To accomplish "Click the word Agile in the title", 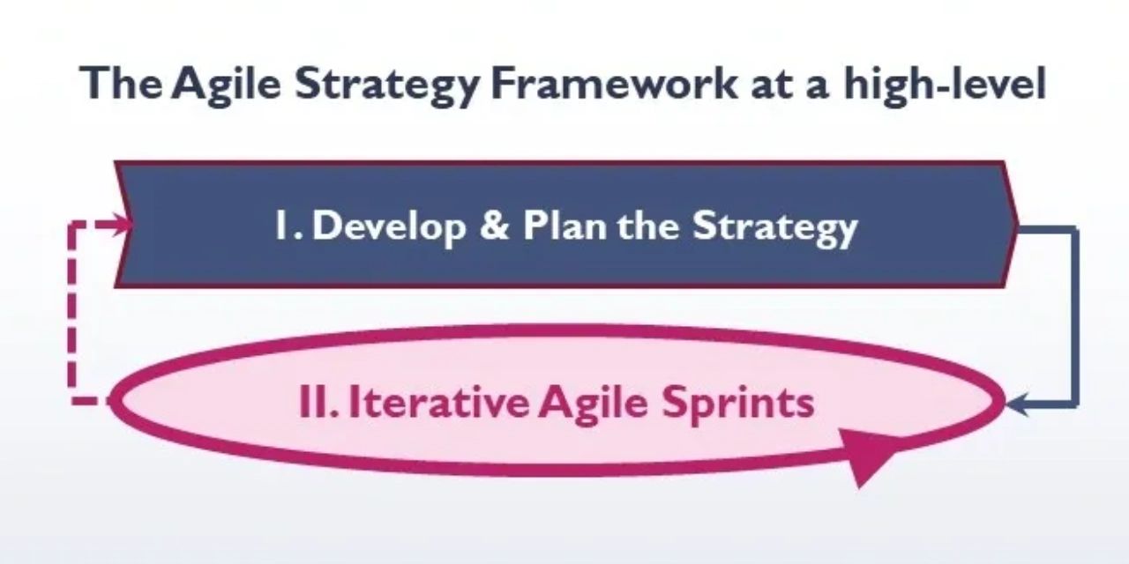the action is pyautogui.click(x=226, y=85).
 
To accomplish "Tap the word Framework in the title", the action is pyautogui.click(x=614, y=82).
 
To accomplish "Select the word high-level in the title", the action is pyautogui.click(x=945, y=84).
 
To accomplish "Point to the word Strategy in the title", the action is pyautogui.click(x=386, y=85).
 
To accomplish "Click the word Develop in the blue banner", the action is pyautogui.click(x=389, y=226).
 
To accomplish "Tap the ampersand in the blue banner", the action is pyautogui.click(x=494, y=225).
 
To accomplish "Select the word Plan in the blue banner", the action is pyautogui.click(x=564, y=225).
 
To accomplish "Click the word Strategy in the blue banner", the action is pyautogui.click(x=774, y=227).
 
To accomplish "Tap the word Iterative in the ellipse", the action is pyautogui.click(x=438, y=402).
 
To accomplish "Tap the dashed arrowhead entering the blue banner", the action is pyautogui.click(x=121, y=225).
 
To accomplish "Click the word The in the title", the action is pyautogui.click(x=121, y=82).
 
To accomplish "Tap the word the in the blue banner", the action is pyautogui.click(x=648, y=225).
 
